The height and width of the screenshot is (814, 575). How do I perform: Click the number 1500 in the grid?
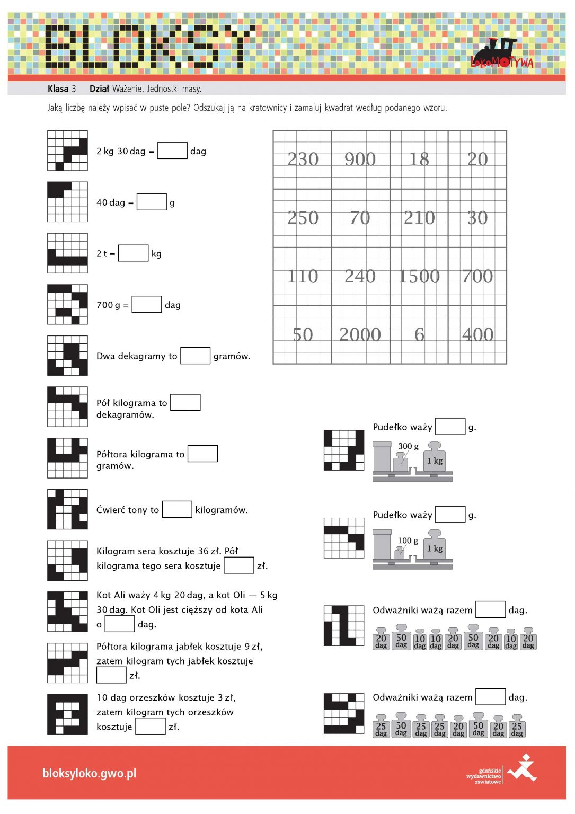[x=419, y=276]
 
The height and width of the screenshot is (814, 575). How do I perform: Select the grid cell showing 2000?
[x=360, y=335]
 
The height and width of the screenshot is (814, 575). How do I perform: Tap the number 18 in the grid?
[x=419, y=159]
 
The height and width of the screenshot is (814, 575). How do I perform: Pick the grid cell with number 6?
[x=419, y=335]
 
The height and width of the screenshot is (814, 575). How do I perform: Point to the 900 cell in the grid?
[x=360, y=160]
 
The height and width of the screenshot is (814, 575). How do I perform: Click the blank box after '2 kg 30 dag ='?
[x=172, y=151]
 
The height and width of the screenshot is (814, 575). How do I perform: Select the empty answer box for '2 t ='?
[x=133, y=253]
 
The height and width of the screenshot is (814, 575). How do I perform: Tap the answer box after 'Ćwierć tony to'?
[x=177, y=509]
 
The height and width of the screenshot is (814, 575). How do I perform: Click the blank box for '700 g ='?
[x=146, y=304]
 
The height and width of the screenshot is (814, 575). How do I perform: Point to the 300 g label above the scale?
[x=409, y=446]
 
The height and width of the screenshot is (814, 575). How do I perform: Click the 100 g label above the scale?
[x=408, y=541]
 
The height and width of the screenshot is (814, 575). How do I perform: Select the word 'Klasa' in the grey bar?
[x=58, y=89]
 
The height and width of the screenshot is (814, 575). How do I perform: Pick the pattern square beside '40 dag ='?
[x=68, y=202]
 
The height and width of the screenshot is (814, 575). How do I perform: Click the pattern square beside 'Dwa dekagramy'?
[x=68, y=356]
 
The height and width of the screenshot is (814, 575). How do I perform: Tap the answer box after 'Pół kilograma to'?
[x=185, y=402]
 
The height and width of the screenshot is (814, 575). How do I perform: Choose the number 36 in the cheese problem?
[x=203, y=551]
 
